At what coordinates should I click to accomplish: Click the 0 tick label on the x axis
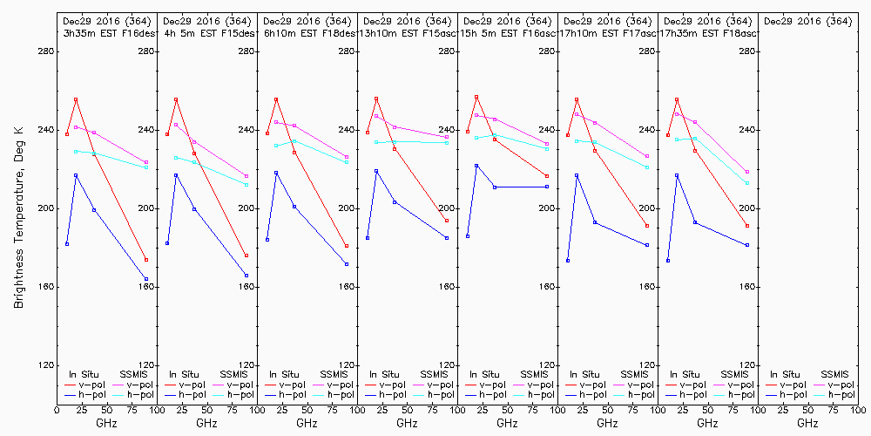[57, 408]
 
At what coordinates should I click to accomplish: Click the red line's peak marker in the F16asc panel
[476, 97]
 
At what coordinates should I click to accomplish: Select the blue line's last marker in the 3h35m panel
[146, 279]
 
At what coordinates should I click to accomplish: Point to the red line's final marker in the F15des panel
[246, 255]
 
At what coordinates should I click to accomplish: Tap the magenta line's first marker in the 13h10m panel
[376, 116]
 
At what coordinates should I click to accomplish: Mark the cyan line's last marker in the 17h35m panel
[747, 183]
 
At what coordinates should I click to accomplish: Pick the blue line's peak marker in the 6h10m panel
[276, 173]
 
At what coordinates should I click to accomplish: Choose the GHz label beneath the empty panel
[807, 423]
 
